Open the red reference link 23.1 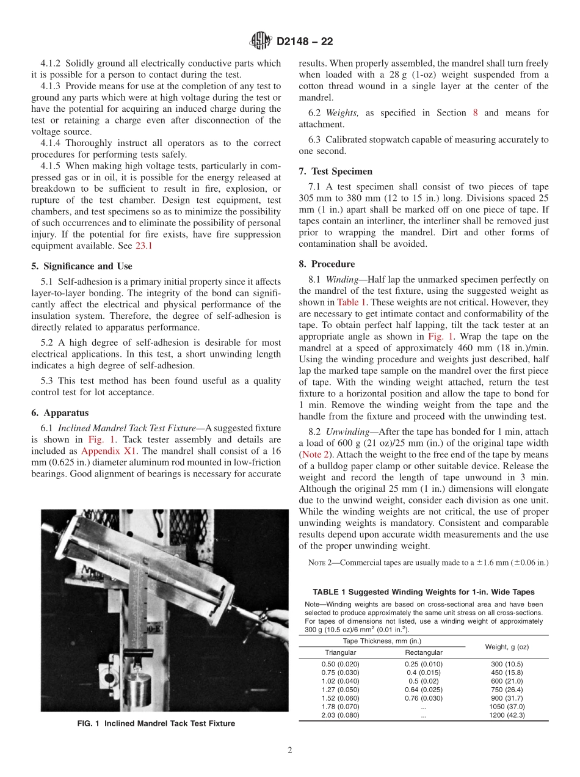point(144,246)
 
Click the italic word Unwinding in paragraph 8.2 point(344,431)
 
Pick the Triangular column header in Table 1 point(340,652)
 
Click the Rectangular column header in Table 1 point(423,652)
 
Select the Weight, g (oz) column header point(506,646)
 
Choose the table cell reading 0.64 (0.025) point(423,689)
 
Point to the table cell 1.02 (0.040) point(340,680)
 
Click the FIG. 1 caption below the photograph point(156,723)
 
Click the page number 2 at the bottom point(289,750)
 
